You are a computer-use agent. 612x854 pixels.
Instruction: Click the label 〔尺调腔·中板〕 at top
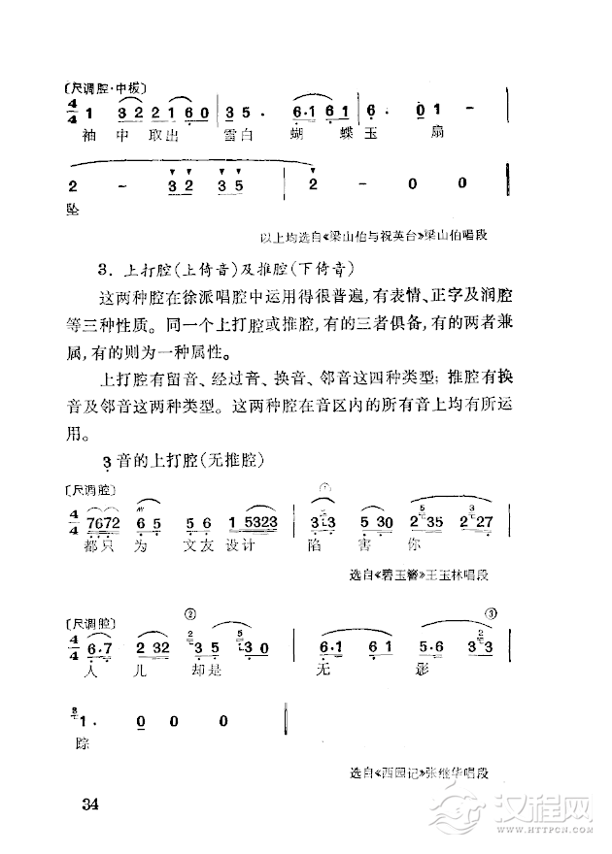click(100, 89)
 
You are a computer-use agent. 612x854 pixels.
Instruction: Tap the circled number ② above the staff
click(191, 613)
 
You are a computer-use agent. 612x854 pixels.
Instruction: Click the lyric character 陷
click(321, 545)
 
